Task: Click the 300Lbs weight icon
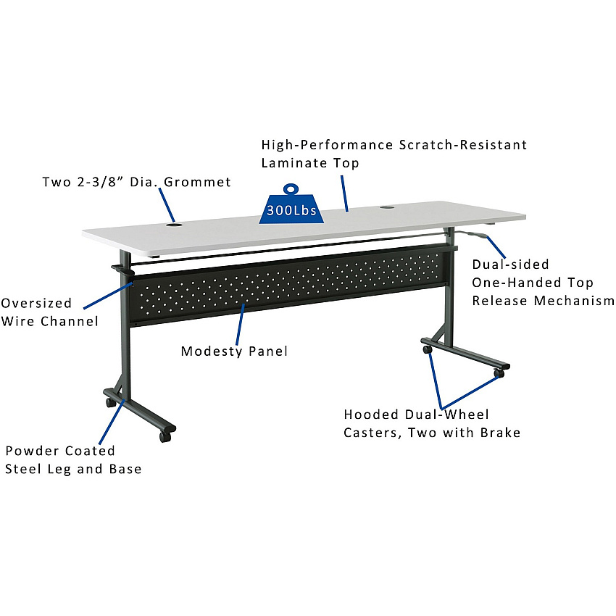tap(291, 204)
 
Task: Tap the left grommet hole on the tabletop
tap(174, 225)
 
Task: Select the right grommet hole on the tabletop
tap(387, 207)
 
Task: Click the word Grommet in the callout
tap(197, 182)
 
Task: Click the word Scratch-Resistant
tap(463, 144)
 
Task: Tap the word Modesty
tap(212, 351)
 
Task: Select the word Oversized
tap(36, 303)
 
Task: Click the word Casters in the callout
tap(372, 433)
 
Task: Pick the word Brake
tap(500, 432)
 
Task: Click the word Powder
tap(33, 451)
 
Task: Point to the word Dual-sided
tap(510, 264)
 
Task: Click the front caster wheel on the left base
tap(165, 436)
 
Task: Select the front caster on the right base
tap(499, 372)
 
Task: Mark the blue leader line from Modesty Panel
tap(240, 325)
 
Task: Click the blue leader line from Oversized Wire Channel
tap(109, 295)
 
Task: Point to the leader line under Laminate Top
tap(344, 193)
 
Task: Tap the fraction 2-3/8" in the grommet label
tap(100, 182)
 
